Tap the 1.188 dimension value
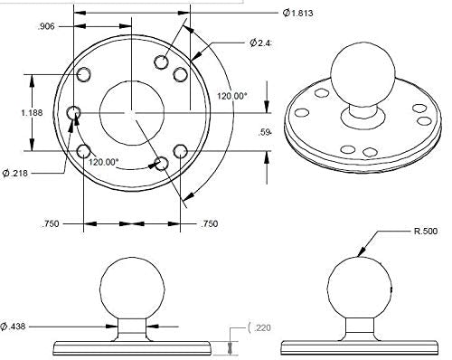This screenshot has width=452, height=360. coord(15,113)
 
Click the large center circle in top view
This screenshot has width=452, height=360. coord(132,111)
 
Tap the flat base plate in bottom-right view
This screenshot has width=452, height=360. coord(359,346)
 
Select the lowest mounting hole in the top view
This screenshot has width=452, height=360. coord(162,163)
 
